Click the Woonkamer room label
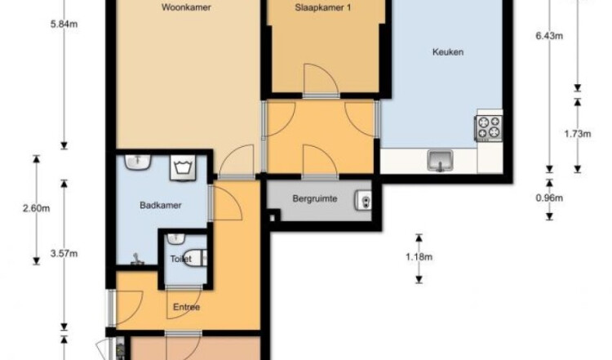(x=186, y=7)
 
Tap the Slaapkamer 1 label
(x=323, y=7)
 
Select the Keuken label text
(x=448, y=52)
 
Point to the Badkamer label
(x=161, y=206)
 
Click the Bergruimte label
(x=315, y=198)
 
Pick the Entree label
(x=186, y=307)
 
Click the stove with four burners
(x=489, y=128)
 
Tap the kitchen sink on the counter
(x=441, y=161)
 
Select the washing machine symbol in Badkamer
(x=183, y=168)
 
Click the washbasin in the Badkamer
(x=138, y=162)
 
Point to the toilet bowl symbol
(x=194, y=258)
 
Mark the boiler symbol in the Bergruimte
(x=363, y=201)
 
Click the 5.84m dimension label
(x=64, y=24)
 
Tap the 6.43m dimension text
(x=549, y=36)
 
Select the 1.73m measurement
(x=577, y=134)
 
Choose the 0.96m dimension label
(x=549, y=198)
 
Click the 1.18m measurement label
(x=419, y=257)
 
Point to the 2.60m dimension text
(x=36, y=208)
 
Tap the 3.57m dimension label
(x=64, y=254)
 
